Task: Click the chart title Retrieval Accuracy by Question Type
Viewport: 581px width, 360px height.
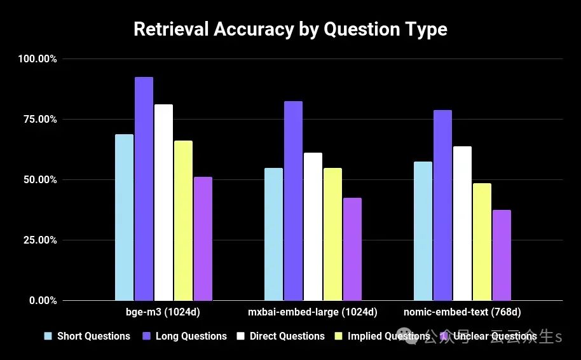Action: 290,29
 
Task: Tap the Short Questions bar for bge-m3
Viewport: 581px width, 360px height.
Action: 124,217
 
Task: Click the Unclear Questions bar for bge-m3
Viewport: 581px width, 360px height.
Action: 203,239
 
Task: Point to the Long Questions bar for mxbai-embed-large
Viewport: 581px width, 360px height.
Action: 293,200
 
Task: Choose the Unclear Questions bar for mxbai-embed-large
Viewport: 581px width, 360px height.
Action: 352,249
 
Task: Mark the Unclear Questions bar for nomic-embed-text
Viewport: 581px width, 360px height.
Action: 502,255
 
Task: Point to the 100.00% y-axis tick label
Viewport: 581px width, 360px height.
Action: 38,59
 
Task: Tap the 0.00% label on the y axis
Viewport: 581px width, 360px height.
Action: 43,301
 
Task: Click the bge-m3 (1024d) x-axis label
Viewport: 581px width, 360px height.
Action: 163,313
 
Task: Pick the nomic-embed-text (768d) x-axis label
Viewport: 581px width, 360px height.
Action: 462,313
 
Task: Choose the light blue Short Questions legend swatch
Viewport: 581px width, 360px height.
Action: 47,336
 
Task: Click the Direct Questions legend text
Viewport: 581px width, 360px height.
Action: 287,336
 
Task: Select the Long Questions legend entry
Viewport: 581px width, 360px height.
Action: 191,336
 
